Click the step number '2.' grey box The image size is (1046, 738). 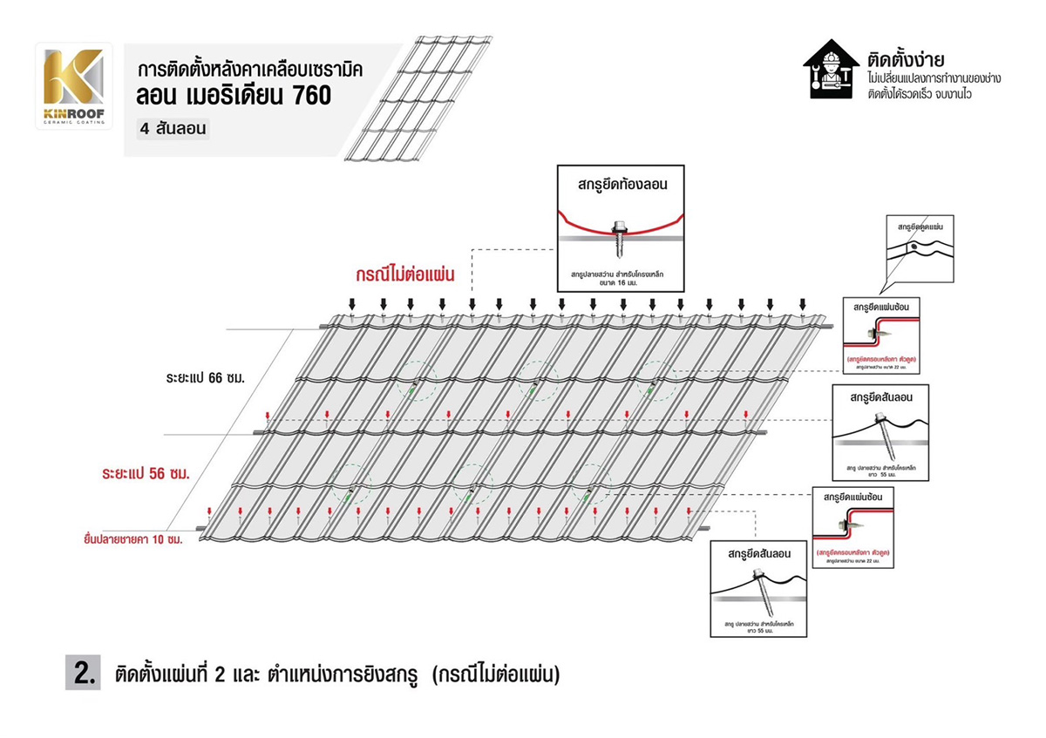pyautogui.click(x=83, y=673)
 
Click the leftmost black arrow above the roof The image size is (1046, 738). pyautogui.click(x=351, y=303)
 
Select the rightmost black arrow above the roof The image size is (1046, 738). pyautogui.click(x=802, y=303)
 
